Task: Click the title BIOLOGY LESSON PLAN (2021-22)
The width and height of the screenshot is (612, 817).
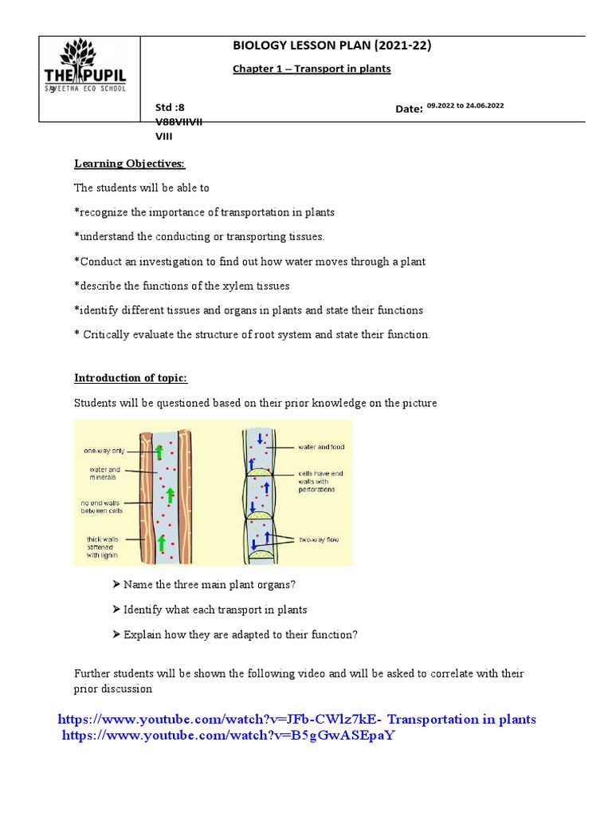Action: tap(331, 45)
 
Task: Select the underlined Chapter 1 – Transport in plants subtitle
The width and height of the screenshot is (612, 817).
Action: tap(312, 69)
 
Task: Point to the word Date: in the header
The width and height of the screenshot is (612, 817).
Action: tap(409, 109)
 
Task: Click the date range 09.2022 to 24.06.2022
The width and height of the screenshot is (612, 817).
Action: tap(466, 105)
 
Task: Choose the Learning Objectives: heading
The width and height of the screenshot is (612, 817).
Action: tap(129, 164)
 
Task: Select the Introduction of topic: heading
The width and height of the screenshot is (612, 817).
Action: tap(131, 377)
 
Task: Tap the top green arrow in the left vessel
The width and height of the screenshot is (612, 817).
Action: tap(159, 452)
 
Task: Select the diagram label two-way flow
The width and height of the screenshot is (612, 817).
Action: tap(319, 539)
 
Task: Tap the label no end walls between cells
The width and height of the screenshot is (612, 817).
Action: tap(104, 508)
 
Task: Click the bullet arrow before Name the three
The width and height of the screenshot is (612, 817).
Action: tap(116, 586)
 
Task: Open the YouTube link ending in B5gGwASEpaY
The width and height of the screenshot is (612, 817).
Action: tap(229, 735)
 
